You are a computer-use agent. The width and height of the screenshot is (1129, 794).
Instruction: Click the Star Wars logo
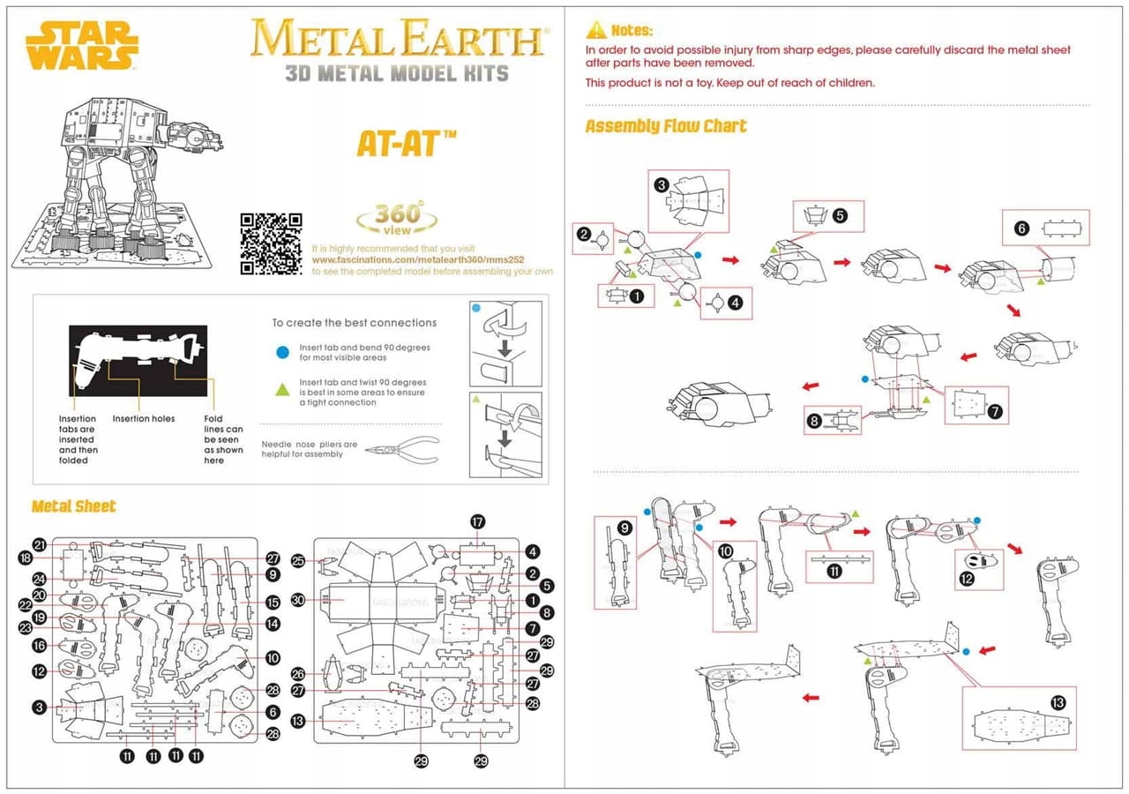82,45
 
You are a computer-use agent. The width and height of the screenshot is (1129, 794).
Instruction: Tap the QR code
272,243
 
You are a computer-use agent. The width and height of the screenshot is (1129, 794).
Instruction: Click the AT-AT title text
407,142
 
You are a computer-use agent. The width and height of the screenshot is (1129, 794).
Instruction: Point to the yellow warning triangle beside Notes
596,30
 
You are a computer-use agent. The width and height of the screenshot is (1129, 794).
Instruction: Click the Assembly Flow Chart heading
666,126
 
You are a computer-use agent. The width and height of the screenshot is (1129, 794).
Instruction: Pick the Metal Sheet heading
73,506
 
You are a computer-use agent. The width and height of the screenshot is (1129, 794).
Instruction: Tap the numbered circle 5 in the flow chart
840,215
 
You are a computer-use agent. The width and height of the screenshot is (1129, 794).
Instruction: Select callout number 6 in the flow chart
1021,228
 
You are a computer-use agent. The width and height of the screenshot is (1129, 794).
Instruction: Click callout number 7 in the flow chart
995,411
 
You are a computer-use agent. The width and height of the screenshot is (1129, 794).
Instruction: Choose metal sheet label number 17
478,521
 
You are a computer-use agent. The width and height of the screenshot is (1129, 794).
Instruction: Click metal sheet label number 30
298,600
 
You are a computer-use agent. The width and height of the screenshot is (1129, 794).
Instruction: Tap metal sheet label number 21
39,544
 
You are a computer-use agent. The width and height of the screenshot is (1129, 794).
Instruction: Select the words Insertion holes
144,419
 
